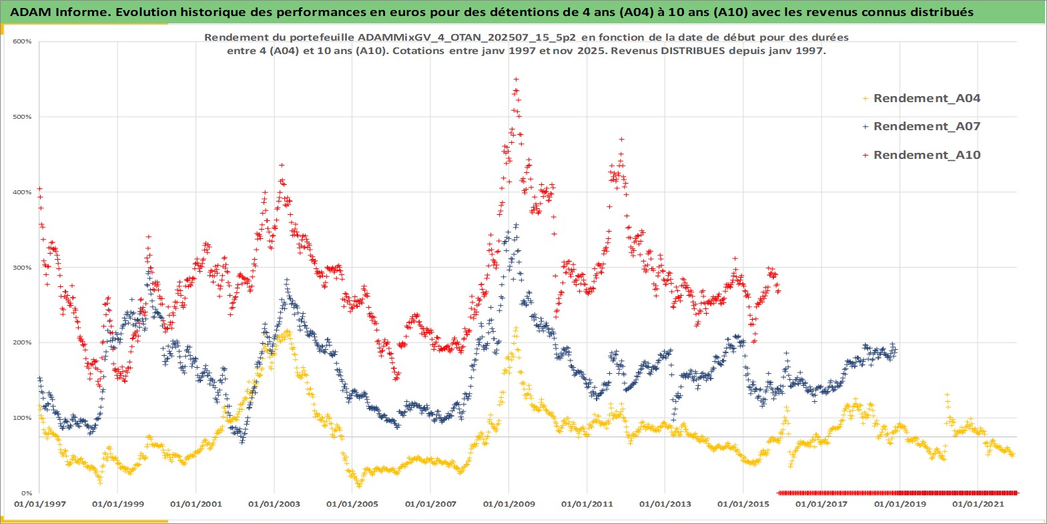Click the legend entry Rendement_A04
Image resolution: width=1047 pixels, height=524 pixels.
[x=926, y=98]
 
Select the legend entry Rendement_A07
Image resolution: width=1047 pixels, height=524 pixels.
[x=926, y=126]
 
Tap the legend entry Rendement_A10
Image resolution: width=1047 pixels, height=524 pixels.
[x=926, y=155]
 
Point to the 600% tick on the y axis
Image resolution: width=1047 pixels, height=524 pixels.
[x=22, y=41]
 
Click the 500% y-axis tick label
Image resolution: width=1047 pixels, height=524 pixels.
[x=22, y=117]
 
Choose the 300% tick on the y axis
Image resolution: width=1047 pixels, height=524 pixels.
[x=22, y=268]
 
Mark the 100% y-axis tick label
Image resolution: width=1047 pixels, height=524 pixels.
[x=22, y=418]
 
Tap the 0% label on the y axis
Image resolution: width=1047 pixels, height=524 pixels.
[x=25, y=493]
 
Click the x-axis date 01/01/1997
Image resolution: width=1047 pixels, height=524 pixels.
[x=40, y=504]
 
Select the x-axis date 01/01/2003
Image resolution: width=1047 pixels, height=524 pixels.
[x=274, y=504]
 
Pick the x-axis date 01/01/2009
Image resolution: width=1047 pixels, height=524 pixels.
[x=509, y=504]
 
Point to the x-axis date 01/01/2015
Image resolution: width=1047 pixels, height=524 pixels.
[x=743, y=504]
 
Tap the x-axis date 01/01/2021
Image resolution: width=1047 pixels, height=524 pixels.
[x=978, y=504]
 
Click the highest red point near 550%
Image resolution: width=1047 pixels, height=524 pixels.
[x=516, y=79]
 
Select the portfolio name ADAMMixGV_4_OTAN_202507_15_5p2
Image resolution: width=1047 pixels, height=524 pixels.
[x=466, y=37]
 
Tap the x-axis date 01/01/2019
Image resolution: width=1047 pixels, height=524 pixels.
[x=900, y=504]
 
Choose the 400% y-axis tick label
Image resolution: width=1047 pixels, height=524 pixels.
[x=22, y=192]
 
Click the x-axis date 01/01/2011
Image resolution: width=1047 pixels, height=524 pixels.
[x=587, y=504]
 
